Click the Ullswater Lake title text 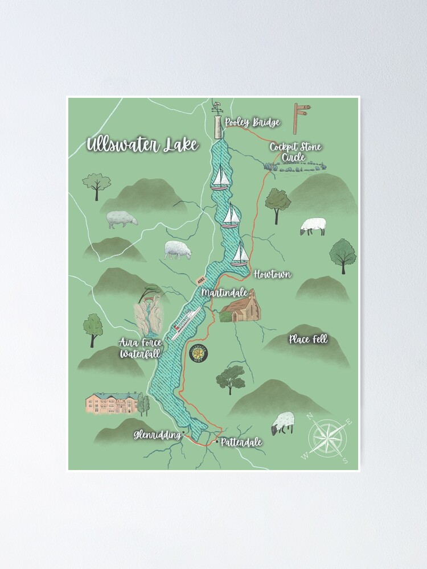tap(142, 145)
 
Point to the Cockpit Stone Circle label tap(295, 152)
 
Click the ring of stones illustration tap(295, 167)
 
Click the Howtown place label tap(272, 274)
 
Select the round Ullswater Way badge tap(199, 353)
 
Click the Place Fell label tap(308, 340)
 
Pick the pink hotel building tap(112, 403)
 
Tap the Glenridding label tap(157, 435)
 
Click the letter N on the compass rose tap(310, 417)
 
